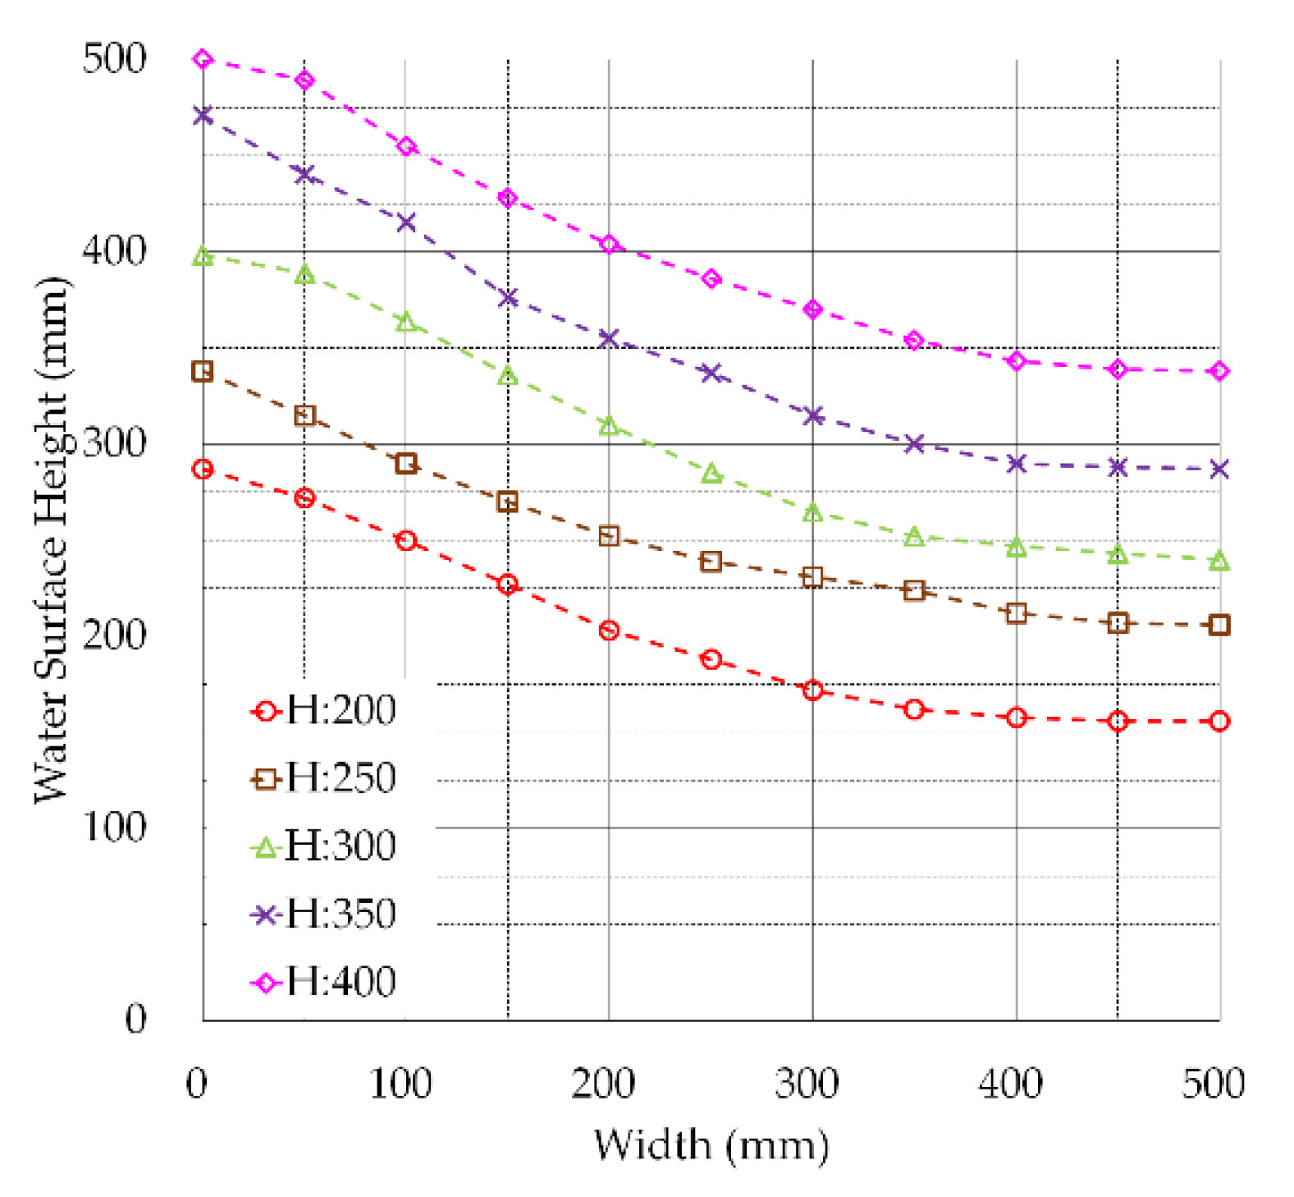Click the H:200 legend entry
(323, 710)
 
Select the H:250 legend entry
(323, 777)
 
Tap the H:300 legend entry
(323, 846)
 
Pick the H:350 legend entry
(323, 914)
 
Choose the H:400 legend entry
(323, 982)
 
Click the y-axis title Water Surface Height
(53, 539)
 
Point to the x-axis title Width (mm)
(711, 1144)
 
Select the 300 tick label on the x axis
(807, 1084)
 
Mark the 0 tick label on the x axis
(197, 1084)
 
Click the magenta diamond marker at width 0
(203, 59)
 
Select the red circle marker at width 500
(1219, 722)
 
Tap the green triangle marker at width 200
(609, 425)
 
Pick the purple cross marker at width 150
(508, 297)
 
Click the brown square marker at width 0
(203, 371)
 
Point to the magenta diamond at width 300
(812, 310)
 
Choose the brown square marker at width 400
(1016, 613)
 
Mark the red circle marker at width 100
(406, 540)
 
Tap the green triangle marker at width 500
(1219, 561)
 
